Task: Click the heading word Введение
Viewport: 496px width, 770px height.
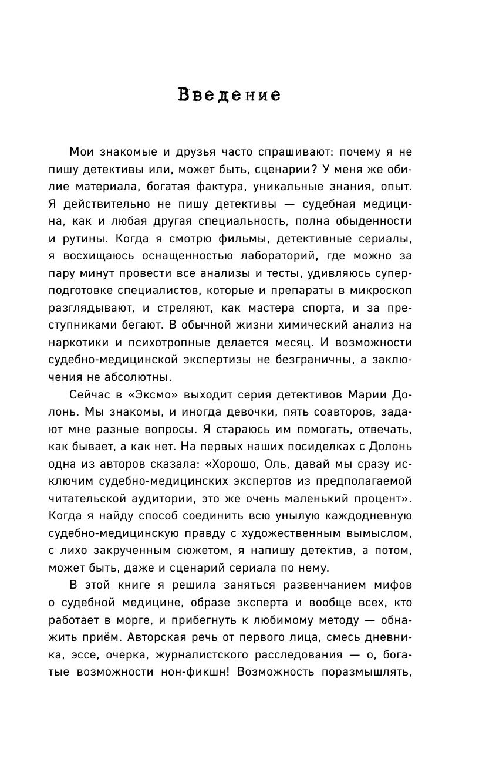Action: tap(229, 95)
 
